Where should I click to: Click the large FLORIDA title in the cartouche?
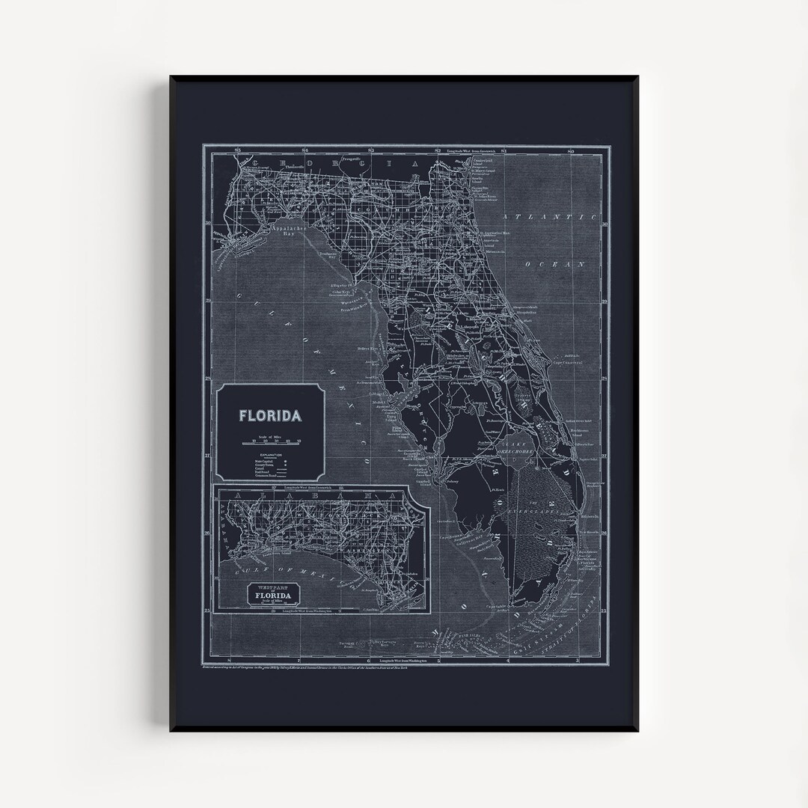point(270,415)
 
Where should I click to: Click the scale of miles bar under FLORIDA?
point(270,444)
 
